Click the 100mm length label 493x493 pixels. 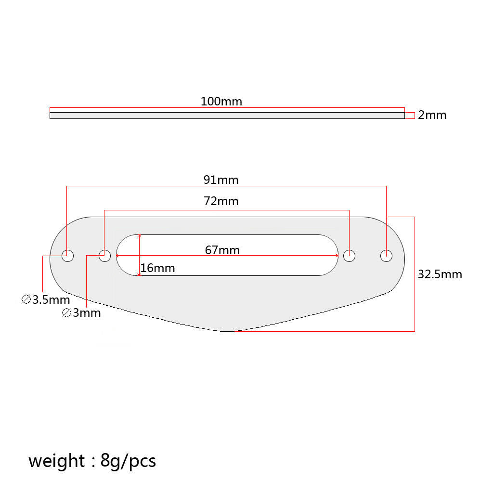221,102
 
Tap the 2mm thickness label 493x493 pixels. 432,115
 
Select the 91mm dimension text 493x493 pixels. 221,180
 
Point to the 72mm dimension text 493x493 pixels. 221,201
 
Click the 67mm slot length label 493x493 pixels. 222,250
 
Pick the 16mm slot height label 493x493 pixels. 157,268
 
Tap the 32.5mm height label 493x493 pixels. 440,274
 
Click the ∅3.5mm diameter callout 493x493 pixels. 46,299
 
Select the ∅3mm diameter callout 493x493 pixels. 81,313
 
